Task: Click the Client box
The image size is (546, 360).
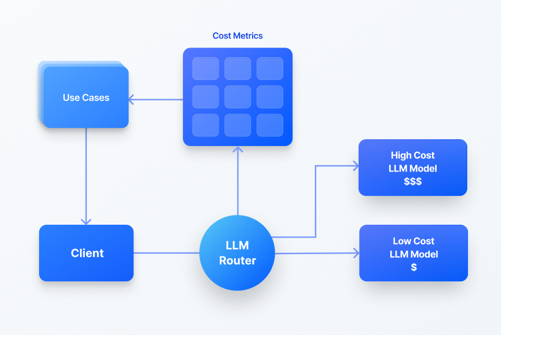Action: point(86,253)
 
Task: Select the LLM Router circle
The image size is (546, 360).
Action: point(237,253)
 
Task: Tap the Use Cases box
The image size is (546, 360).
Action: point(86,97)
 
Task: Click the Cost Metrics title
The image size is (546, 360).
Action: point(237,36)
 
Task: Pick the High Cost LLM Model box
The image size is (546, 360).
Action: point(413,168)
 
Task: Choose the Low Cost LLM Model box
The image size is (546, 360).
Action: point(413,253)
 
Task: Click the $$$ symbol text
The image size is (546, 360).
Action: point(413,182)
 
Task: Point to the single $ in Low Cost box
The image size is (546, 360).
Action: point(413,267)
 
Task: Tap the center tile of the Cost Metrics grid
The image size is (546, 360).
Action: point(237,97)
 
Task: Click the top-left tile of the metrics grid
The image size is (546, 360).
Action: point(206,68)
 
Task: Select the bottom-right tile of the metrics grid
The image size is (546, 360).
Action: point(270,125)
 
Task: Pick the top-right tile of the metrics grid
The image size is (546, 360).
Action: point(270,68)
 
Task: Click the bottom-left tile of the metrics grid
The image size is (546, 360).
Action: point(206,125)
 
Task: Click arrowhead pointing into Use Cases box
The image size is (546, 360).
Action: point(131,100)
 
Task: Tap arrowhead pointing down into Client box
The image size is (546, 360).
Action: point(86,221)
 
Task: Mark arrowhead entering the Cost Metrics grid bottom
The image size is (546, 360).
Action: point(238,150)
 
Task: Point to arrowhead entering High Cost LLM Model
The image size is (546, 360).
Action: point(355,166)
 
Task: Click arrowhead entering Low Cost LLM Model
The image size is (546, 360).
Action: point(356,253)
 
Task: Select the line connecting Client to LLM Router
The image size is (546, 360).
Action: point(166,253)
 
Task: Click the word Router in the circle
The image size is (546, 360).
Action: point(237,261)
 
